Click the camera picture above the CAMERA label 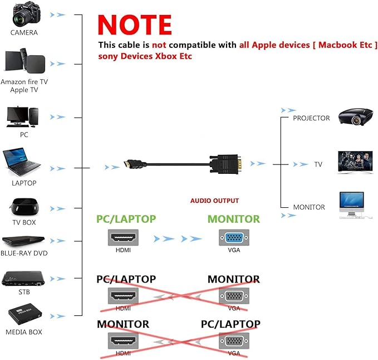[x=27, y=14]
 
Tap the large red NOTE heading [x=135, y=25]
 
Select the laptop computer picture [x=21, y=162]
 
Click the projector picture [x=356, y=117]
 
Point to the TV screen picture [x=355, y=162]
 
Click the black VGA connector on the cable [x=225, y=164]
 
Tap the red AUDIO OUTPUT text [x=214, y=201]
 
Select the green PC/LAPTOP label [x=126, y=219]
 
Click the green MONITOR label [x=234, y=219]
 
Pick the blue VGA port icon [x=234, y=237]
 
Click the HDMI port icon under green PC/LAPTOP [x=123, y=237]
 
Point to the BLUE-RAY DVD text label [x=24, y=253]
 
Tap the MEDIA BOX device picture [x=25, y=314]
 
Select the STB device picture [x=23, y=279]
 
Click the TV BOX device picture [x=24, y=207]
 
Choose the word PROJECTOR [x=311, y=118]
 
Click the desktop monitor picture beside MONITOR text [x=352, y=205]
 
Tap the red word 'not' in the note [x=159, y=45]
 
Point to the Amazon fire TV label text [x=24, y=82]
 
